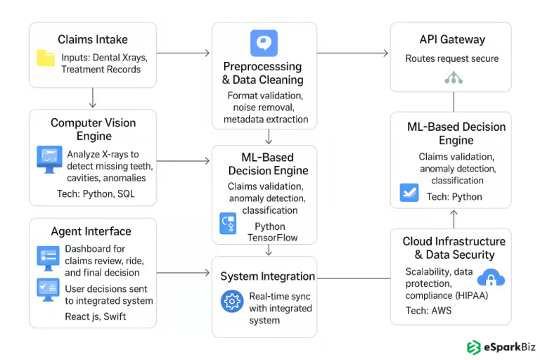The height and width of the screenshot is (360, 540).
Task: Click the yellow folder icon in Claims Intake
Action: [46, 58]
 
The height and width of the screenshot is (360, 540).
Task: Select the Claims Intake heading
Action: [92, 39]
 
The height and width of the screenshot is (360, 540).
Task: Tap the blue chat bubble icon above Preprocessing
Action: [264, 43]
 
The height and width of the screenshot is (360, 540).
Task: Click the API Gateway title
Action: [451, 39]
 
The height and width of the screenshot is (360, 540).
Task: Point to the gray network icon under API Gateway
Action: [452, 78]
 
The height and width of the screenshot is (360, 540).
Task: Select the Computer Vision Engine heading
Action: [93, 129]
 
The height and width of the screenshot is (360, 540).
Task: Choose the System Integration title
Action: [267, 276]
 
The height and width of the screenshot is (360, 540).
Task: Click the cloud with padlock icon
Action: [491, 277]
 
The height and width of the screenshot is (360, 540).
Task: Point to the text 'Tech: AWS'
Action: [428, 310]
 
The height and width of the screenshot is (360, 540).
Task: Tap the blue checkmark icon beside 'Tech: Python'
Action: [409, 192]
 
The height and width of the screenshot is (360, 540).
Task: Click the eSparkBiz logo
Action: [497, 347]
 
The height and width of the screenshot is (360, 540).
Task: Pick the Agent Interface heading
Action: [91, 231]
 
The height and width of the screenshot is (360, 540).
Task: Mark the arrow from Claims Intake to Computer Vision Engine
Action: [93, 97]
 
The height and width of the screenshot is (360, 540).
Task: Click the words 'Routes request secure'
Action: [451, 59]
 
